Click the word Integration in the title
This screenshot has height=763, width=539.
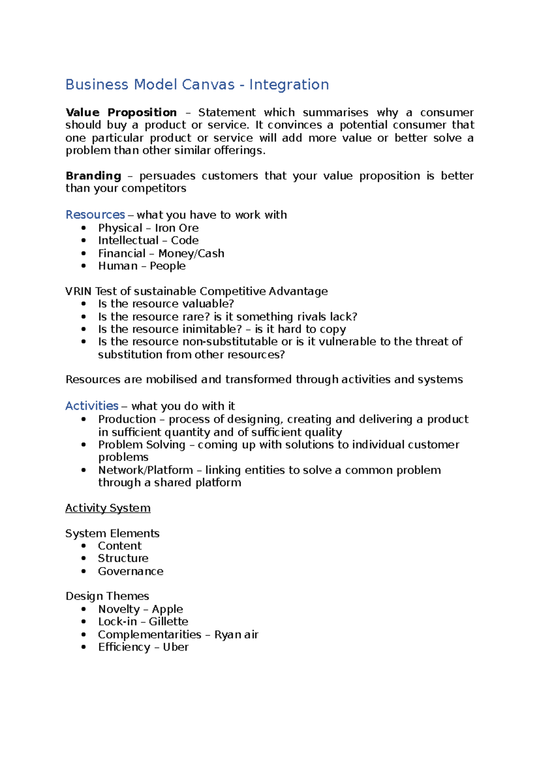click(289, 84)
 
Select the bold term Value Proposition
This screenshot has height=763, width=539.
click(121, 112)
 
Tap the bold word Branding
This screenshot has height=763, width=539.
click(93, 176)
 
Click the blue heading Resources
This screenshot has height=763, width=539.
click(95, 215)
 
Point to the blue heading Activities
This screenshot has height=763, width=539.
click(92, 406)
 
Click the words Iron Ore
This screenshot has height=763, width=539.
click(177, 228)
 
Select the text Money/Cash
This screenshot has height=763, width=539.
click(191, 253)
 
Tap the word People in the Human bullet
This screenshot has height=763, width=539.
click(168, 266)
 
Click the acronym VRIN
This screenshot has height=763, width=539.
click(79, 291)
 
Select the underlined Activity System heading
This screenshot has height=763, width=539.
click(108, 508)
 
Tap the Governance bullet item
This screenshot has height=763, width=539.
click(131, 571)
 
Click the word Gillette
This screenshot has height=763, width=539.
click(168, 621)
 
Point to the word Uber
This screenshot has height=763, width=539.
click(176, 647)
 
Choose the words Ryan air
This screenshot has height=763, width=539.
click(236, 634)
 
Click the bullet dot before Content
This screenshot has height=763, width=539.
click(84, 546)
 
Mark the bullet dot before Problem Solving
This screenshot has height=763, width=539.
click(84, 444)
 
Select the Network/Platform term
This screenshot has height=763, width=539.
click(146, 470)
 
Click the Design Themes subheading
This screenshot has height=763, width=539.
click(107, 596)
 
